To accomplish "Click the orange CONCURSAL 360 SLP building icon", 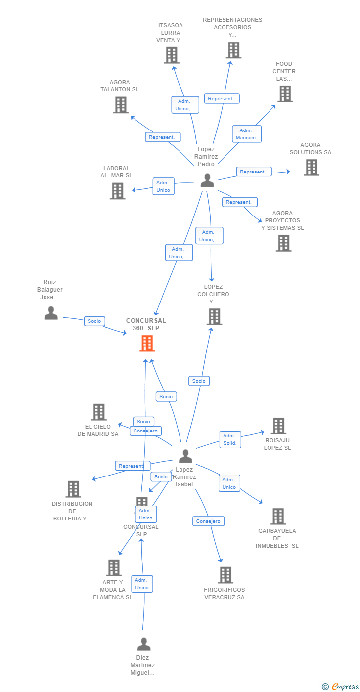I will [x=147, y=343].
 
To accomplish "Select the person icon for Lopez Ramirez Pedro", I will [x=207, y=181].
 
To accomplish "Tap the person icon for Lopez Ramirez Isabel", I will [x=185, y=456].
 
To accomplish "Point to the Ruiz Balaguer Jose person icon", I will [x=51, y=313].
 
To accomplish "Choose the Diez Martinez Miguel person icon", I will [x=143, y=644].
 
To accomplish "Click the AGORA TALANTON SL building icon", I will [x=121, y=105].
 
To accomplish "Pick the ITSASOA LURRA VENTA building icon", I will [x=171, y=55].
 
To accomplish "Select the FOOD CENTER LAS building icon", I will [x=285, y=94].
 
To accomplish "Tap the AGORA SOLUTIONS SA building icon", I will [x=311, y=168].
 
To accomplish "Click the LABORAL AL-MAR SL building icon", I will [x=117, y=191].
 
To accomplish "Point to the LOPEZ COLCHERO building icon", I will [x=214, y=316].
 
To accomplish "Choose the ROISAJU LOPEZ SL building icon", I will [x=278, y=426].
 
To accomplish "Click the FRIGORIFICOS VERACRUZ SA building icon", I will [x=225, y=575].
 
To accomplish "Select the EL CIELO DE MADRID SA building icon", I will [x=99, y=412].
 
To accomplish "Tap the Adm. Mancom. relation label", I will [x=247, y=134].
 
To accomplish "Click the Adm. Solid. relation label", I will [x=230, y=439].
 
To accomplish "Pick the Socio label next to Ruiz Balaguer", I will [x=94, y=321].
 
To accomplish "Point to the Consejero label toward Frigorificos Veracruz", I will [x=208, y=521].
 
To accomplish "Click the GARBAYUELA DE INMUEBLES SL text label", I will [x=277, y=538].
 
